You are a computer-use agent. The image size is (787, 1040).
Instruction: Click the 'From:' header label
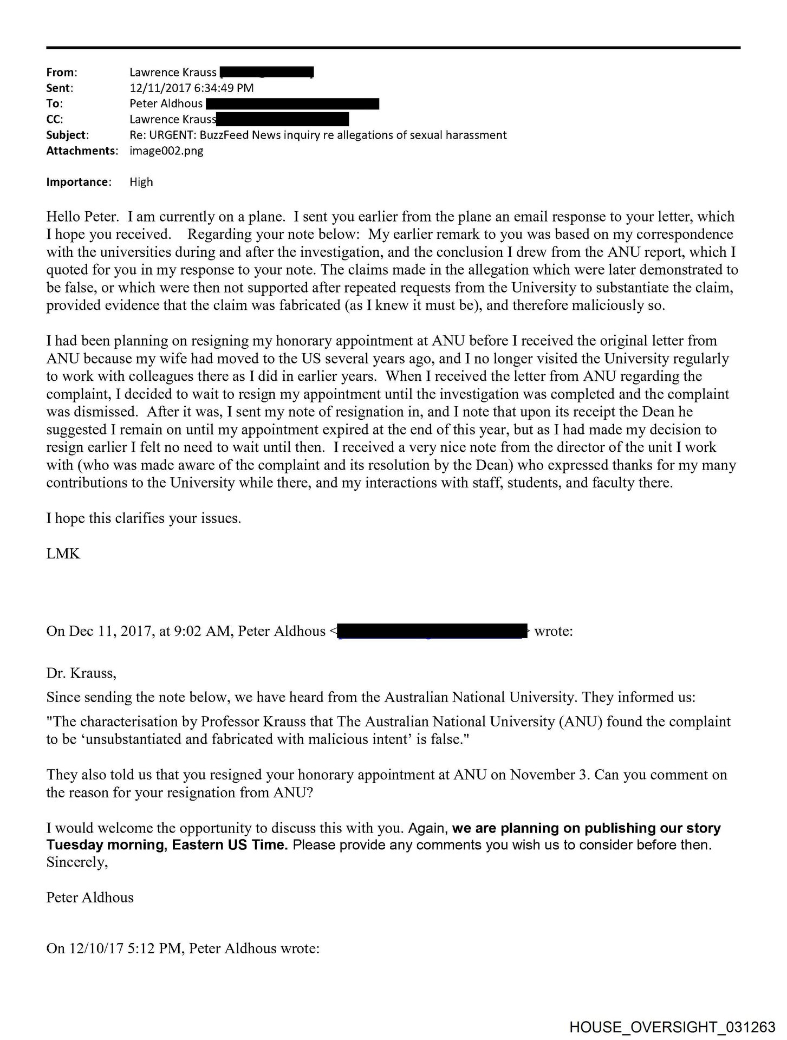[62, 72]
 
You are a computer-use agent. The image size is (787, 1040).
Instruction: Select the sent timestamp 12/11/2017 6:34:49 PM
[191, 88]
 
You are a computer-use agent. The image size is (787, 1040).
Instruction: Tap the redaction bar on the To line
[292, 103]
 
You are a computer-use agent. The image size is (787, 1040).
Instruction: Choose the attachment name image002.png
[166, 151]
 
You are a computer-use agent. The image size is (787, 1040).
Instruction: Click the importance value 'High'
[141, 182]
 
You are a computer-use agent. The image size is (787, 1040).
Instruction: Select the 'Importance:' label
[79, 182]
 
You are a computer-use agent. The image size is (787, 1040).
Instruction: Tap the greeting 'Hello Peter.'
[82, 217]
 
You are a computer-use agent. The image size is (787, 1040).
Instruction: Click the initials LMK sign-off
[63, 554]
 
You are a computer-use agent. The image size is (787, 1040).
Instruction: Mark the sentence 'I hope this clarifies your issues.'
[144, 518]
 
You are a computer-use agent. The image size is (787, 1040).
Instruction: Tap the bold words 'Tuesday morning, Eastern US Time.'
[167, 845]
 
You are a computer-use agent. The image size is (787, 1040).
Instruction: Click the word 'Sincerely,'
[77, 862]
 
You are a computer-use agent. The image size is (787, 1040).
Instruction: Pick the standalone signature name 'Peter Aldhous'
[90, 898]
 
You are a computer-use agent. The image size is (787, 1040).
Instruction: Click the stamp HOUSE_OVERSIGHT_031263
[672, 1026]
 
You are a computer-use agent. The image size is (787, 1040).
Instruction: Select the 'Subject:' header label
[68, 135]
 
